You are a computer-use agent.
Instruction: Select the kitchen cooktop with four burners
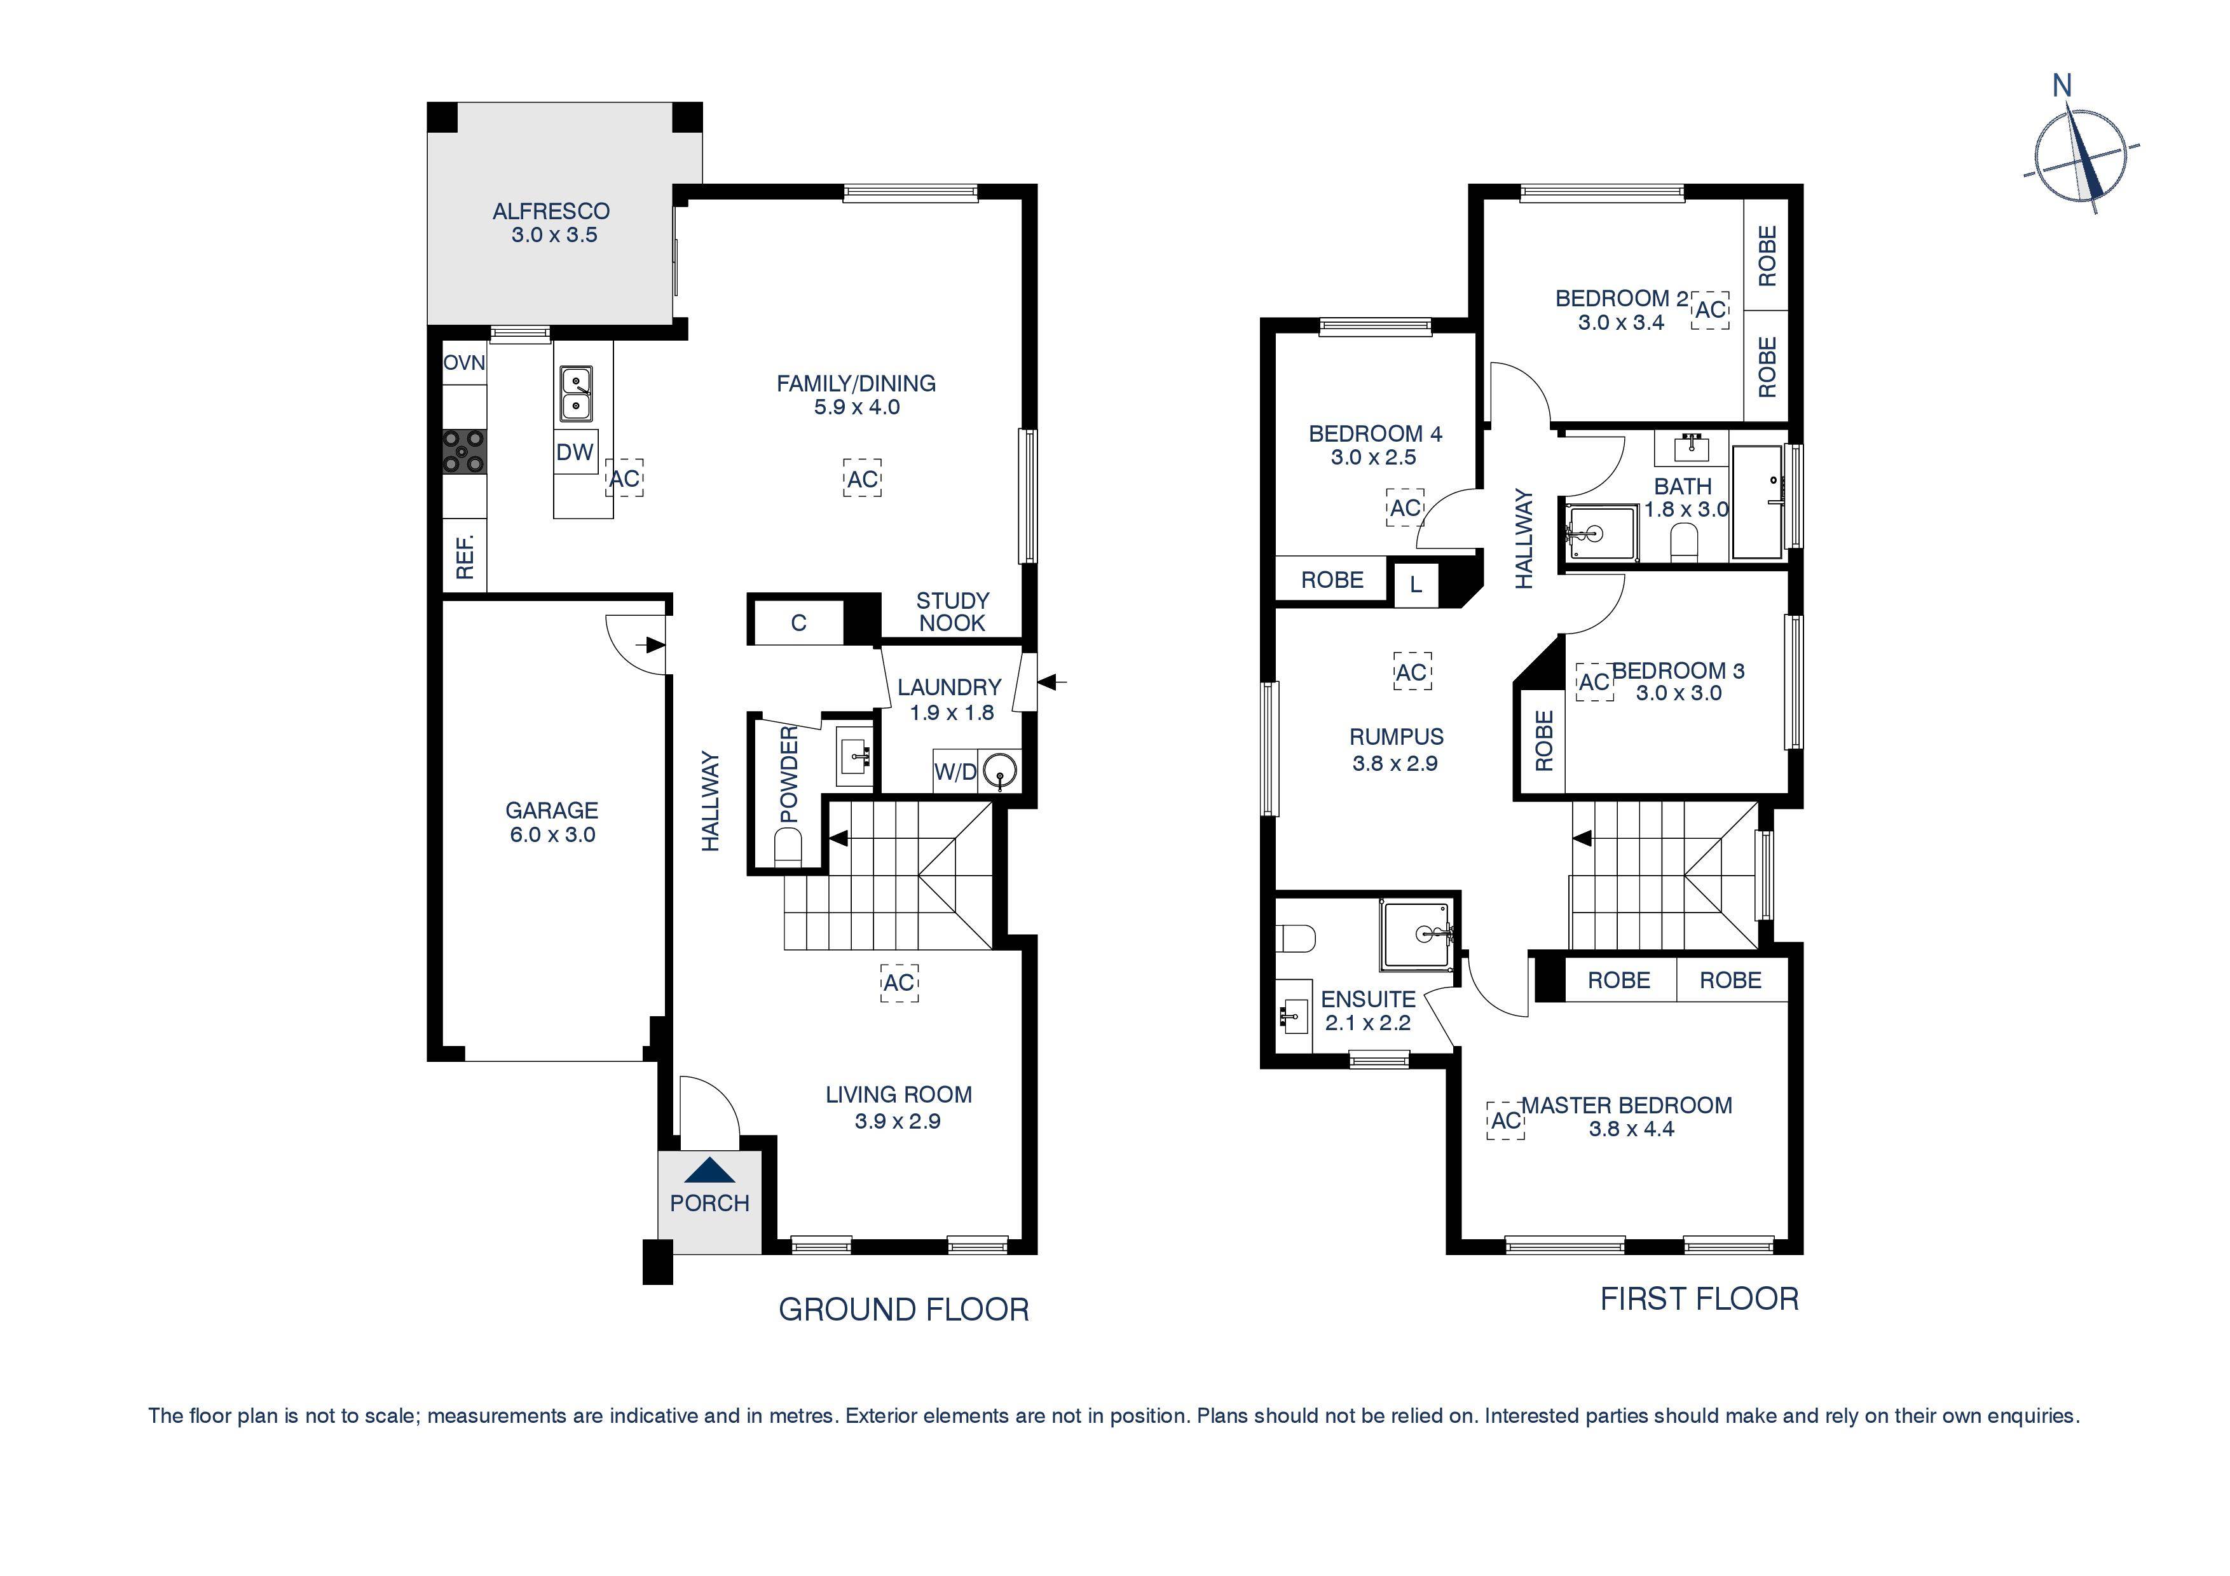[x=464, y=452]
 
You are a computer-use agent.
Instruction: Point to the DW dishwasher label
[x=575, y=452]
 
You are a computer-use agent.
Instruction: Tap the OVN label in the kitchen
[x=464, y=363]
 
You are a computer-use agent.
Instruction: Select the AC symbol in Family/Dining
[x=861, y=479]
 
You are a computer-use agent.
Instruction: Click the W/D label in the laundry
[x=955, y=772]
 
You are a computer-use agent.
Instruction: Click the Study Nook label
[x=952, y=612]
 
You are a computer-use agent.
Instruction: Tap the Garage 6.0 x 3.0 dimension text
[x=552, y=835]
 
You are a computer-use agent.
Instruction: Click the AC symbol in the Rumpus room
[x=1411, y=672]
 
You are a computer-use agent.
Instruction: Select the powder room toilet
[x=789, y=851]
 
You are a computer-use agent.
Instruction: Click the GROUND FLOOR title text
[x=903, y=1310]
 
